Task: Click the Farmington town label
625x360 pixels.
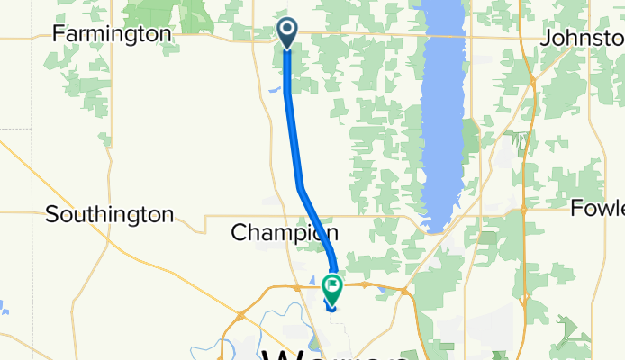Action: (112, 33)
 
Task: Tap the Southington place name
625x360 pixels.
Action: (109, 214)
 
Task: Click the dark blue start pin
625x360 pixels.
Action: (287, 33)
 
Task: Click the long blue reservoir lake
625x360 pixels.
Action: (442, 117)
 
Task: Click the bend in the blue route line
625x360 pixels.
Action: (301, 186)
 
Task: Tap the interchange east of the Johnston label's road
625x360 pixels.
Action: (534, 81)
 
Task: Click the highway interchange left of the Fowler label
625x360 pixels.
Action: (525, 210)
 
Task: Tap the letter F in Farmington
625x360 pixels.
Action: (59, 33)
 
